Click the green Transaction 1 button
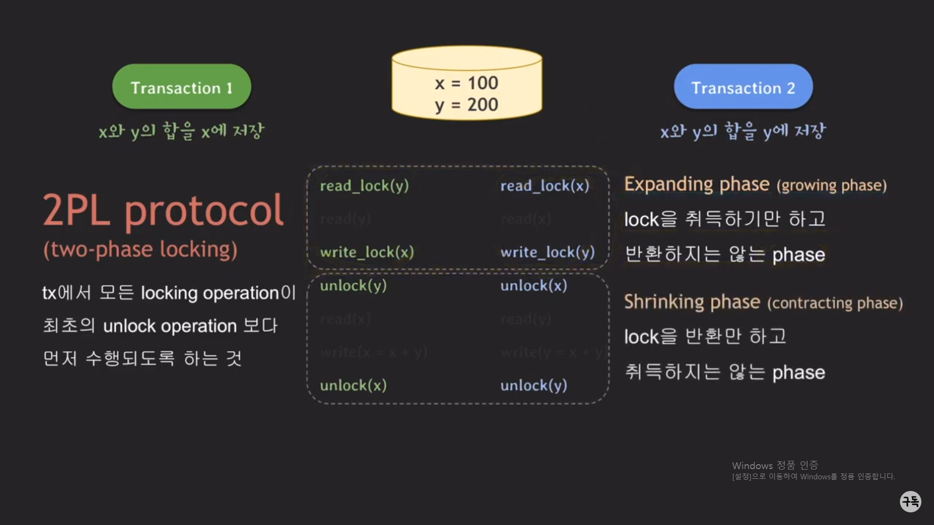(181, 87)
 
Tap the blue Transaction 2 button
(743, 87)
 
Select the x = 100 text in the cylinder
(467, 83)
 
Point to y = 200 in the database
(467, 105)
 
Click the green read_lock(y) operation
(364, 186)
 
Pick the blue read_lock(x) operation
(545, 186)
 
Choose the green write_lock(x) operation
(367, 252)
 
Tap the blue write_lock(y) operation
(547, 252)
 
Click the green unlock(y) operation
(353, 286)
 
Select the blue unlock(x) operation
(534, 286)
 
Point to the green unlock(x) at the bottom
(353, 385)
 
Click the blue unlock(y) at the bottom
(534, 385)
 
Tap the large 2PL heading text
(76, 210)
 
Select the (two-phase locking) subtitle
(141, 249)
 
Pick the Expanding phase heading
(697, 184)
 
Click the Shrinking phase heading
(692, 302)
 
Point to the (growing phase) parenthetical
(831, 186)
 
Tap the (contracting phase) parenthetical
(835, 303)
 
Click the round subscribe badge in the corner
(910, 501)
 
